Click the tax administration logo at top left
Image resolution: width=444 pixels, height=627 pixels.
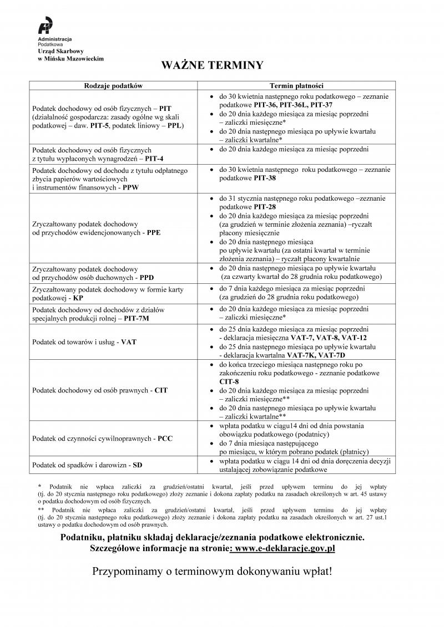point(46,26)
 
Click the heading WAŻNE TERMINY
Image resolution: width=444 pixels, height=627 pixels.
point(212,65)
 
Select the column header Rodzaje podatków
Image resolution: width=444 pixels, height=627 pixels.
point(114,86)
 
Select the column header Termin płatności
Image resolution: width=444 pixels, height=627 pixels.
point(297,86)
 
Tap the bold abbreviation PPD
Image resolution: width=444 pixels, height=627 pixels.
point(147,277)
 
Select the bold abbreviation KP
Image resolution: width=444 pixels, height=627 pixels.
point(78,298)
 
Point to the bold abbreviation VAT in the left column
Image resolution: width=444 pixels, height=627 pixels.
point(129,342)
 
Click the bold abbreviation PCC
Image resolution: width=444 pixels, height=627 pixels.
point(165,439)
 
